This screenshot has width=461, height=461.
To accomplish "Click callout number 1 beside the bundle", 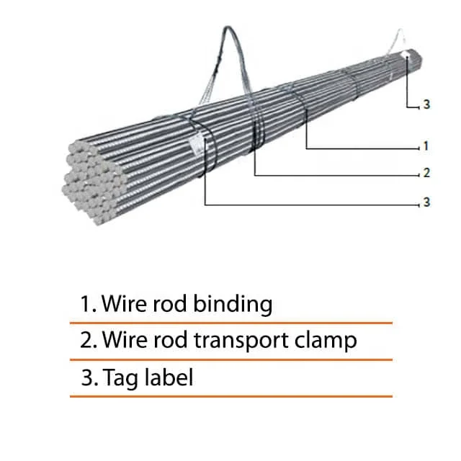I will pyautogui.click(x=426, y=146).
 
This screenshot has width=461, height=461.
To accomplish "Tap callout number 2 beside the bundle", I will pyautogui.click(x=426, y=173).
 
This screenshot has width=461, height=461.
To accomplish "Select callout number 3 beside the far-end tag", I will pyautogui.click(x=426, y=105).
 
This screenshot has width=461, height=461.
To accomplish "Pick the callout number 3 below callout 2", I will pyautogui.click(x=426, y=202).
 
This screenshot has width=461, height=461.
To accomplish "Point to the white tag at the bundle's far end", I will pyautogui.click(x=407, y=55).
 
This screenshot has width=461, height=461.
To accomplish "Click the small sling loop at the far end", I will pyautogui.click(x=398, y=37).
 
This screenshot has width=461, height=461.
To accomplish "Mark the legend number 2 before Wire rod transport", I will pyautogui.click(x=88, y=339).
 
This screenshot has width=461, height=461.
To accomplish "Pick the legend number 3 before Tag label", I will pyautogui.click(x=88, y=377).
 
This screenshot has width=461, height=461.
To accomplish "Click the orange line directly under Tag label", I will pyautogui.click(x=231, y=395).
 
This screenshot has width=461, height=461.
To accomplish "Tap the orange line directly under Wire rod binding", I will pyautogui.click(x=231, y=323).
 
